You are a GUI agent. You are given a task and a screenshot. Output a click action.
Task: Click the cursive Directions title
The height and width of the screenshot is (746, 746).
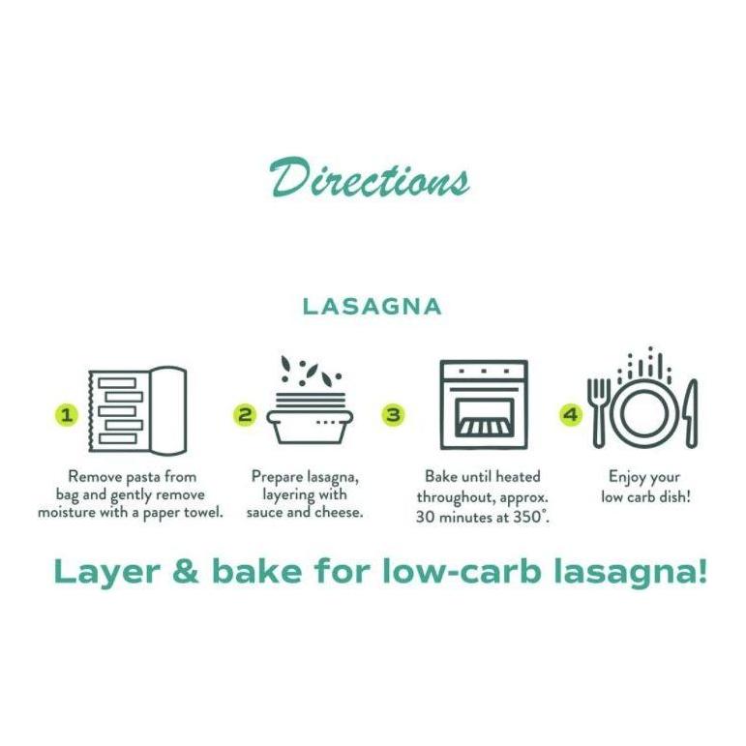(370, 177)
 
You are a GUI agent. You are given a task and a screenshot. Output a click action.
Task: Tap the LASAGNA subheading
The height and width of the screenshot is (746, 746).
(373, 307)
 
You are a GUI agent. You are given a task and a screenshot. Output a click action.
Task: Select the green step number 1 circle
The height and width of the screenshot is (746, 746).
(67, 415)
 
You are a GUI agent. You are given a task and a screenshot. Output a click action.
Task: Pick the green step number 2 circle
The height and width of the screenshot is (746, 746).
(245, 415)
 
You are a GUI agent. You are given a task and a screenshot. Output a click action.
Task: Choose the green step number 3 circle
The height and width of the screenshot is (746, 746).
(393, 415)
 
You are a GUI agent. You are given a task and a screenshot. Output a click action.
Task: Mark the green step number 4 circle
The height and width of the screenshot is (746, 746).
(571, 415)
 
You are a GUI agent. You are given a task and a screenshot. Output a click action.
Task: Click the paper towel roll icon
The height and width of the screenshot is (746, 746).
(137, 409)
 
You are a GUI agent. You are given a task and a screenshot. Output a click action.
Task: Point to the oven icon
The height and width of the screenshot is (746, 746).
(484, 404)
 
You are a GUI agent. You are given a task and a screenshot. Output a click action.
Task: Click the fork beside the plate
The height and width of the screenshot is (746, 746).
(599, 412)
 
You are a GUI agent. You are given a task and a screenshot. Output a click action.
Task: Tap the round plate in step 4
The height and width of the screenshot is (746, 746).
(645, 414)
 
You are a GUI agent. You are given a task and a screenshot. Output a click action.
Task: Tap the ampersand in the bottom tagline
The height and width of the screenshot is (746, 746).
(186, 572)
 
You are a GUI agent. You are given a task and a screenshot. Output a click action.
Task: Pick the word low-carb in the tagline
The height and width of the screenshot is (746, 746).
(462, 571)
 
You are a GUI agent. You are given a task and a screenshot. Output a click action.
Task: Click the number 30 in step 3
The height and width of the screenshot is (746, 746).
(426, 517)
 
